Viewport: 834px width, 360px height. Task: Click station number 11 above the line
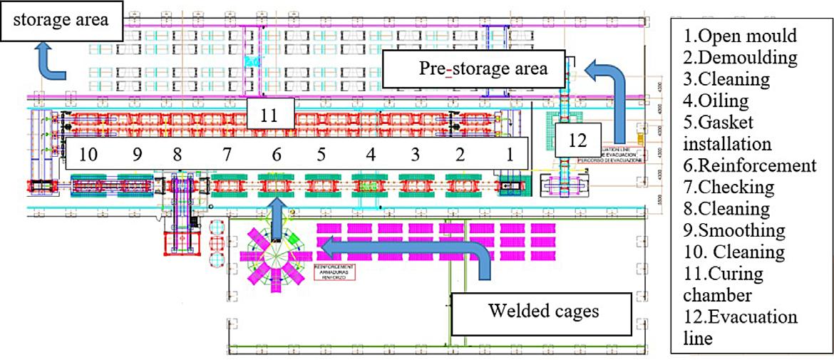pyautogui.click(x=269, y=115)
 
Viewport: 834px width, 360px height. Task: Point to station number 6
pyautogui.click(x=276, y=154)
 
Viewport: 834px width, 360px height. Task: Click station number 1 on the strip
pyautogui.click(x=509, y=154)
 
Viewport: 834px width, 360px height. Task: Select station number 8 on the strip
pyautogui.click(x=177, y=154)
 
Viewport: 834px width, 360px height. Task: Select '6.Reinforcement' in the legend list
pyautogui.click(x=748, y=165)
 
